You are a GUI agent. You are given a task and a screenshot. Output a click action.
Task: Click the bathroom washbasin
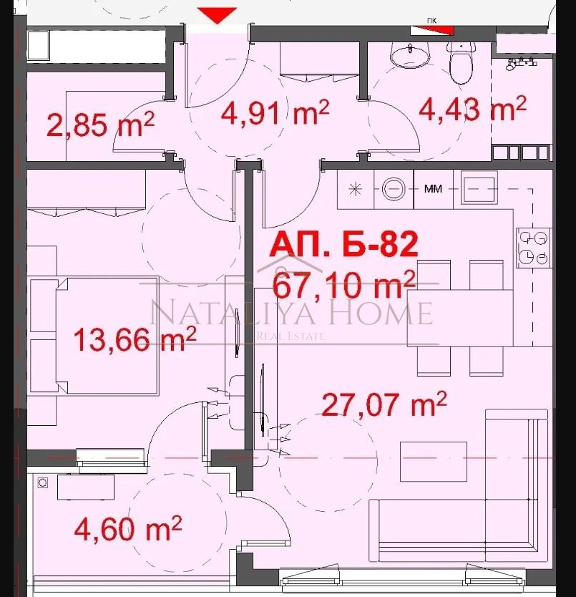[409, 54]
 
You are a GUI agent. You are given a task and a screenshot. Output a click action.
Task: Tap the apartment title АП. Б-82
[343, 246]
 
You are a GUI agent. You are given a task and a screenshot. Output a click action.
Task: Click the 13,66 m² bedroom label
[135, 339]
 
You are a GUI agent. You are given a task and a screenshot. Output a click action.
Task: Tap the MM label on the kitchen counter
[432, 190]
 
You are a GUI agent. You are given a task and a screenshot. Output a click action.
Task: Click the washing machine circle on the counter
[394, 189]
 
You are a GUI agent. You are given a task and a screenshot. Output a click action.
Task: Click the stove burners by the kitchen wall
[533, 247]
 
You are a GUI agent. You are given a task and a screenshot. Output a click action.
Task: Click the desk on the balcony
[86, 487]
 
